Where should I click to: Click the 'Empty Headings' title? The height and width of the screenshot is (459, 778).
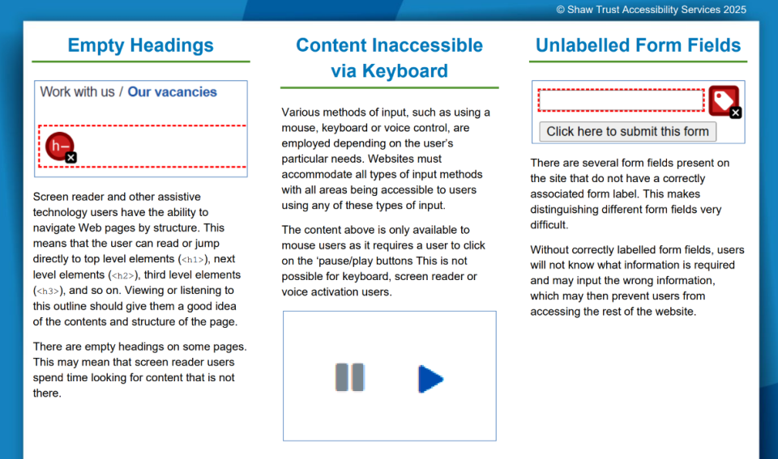(140, 45)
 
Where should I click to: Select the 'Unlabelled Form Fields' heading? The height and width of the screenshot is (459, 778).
(638, 45)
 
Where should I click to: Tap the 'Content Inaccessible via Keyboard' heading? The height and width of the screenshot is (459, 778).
(390, 58)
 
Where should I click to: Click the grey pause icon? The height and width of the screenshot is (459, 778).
(350, 377)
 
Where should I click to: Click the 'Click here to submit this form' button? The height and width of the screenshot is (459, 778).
(627, 131)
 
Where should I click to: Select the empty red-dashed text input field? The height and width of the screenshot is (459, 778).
(622, 100)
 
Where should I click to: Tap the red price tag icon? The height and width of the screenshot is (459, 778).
(724, 100)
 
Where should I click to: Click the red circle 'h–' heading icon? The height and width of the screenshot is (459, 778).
(59, 146)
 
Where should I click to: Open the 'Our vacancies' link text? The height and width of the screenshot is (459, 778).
(172, 91)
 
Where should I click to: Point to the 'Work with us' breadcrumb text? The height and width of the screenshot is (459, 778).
(78, 91)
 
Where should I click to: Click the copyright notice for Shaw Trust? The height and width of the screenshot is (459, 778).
(651, 10)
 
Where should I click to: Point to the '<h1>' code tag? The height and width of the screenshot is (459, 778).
(193, 260)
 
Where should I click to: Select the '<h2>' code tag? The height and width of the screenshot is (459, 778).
(123, 275)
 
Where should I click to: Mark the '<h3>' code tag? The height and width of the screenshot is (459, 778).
(48, 291)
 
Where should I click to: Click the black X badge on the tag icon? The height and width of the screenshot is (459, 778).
(736, 113)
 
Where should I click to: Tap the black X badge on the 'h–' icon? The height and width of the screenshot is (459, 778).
(71, 158)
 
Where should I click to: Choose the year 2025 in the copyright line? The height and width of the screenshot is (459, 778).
(734, 10)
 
